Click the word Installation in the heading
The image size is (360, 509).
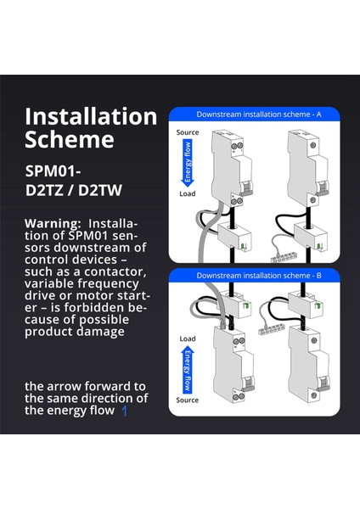[91, 116]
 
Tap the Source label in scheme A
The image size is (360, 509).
[188, 133]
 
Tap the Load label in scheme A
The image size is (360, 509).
[188, 193]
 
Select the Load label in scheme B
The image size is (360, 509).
[188, 338]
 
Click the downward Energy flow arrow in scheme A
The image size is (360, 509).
[188, 164]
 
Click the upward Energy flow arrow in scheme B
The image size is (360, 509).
[188, 367]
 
